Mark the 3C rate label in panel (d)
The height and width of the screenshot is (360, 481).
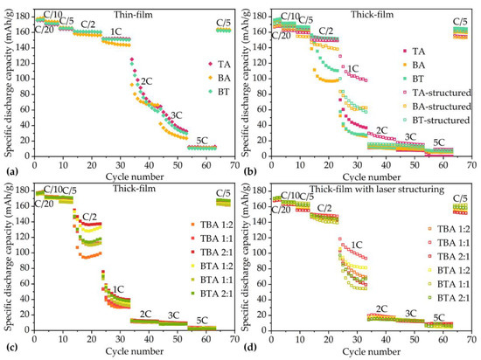(x=408, y=313)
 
